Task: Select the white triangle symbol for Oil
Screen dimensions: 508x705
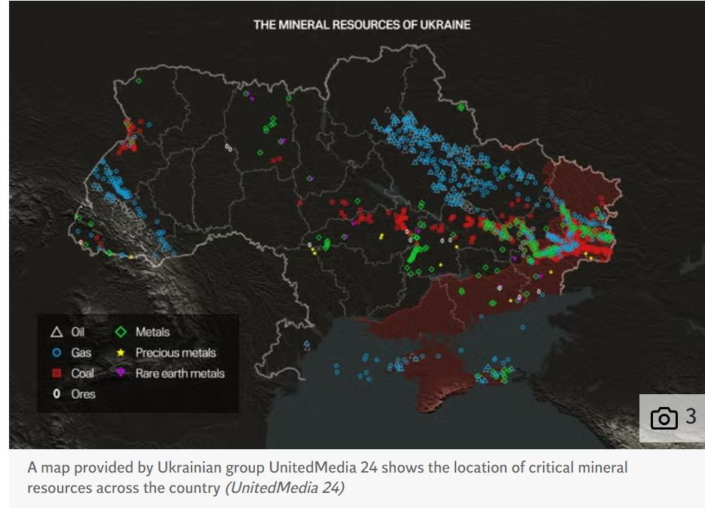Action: coord(56,332)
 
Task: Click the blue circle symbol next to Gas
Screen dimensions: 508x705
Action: coord(56,353)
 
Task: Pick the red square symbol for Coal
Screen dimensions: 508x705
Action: coord(56,373)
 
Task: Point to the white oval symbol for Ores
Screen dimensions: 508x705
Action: coord(56,393)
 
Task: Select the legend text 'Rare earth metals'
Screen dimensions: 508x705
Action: coord(179,373)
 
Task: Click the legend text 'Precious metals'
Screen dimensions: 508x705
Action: coord(175,353)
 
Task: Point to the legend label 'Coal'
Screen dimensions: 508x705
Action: coord(82,373)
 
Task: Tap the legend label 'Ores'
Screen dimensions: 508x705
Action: coord(83,393)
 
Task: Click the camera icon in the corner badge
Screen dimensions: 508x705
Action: coord(664,418)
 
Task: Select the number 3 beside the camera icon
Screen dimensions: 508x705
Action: coord(690,417)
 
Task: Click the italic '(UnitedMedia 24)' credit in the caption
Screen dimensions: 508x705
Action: coord(284,488)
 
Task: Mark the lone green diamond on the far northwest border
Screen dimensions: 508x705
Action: coord(138,81)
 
